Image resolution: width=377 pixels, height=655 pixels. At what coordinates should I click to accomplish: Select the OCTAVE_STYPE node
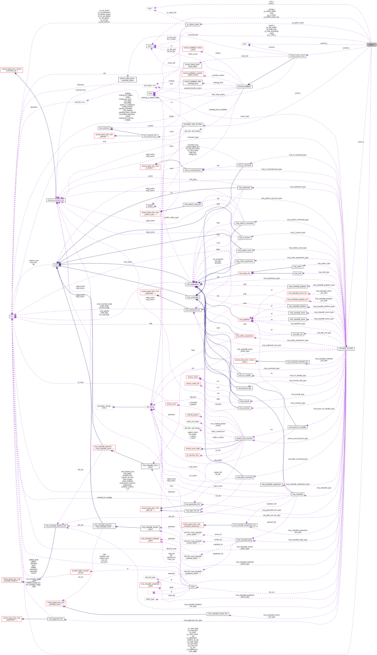click(346, 349)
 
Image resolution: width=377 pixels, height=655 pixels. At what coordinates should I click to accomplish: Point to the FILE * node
click(150, 9)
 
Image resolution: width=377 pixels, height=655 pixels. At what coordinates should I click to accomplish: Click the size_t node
click(150, 46)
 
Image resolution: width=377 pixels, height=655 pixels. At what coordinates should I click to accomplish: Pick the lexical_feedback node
click(244, 86)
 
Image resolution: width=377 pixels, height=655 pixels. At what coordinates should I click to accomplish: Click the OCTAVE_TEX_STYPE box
click(192, 125)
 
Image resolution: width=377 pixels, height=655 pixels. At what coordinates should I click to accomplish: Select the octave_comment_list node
click(56, 200)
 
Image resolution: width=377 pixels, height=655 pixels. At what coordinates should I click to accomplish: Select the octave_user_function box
click(244, 438)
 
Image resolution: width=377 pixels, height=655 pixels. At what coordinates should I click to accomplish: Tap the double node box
click(150, 206)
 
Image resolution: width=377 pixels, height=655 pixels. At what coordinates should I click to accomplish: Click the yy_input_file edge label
click(171, 12)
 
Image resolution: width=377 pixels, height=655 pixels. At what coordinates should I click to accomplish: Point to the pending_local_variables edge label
click(218, 109)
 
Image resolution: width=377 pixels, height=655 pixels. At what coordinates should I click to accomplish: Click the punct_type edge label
click(245, 116)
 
